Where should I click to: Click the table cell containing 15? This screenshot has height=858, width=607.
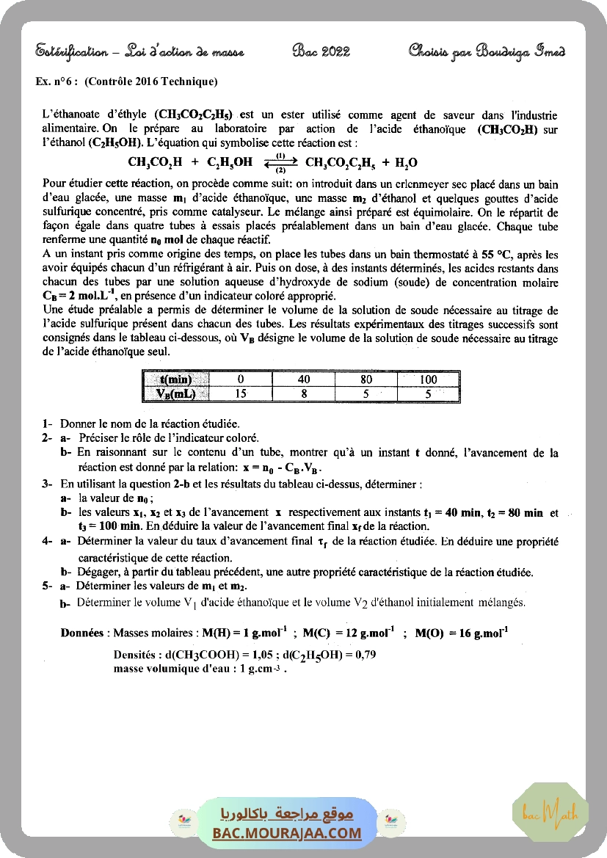(x=240, y=393)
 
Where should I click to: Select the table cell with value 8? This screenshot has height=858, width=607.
(x=302, y=393)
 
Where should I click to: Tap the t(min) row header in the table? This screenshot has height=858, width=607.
(x=175, y=379)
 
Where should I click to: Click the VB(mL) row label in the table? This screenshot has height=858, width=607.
(x=175, y=393)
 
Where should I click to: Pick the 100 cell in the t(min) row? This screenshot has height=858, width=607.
(x=428, y=379)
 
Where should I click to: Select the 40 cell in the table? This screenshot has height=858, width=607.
(x=302, y=379)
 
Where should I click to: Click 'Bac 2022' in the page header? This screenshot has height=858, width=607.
(x=321, y=51)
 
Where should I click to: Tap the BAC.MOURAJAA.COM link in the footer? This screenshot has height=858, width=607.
(x=287, y=833)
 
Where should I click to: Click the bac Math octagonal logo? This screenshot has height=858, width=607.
(x=550, y=812)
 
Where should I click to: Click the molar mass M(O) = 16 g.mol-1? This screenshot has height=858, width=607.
(x=462, y=632)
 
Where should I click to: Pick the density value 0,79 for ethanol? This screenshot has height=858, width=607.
(x=364, y=655)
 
